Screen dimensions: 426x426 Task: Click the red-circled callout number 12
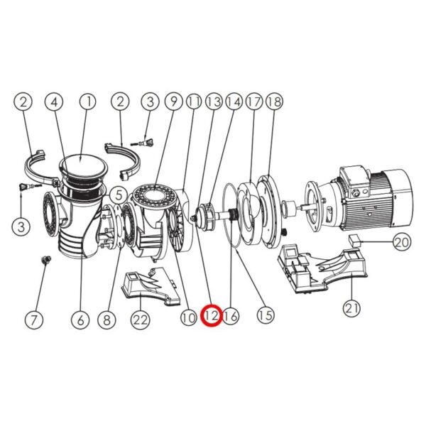[212, 316]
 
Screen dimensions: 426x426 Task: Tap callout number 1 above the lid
[88, 102]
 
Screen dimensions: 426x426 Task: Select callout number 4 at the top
[55, 102]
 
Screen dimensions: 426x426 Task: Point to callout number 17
[254, 102]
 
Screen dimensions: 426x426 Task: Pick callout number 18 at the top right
[274, 102]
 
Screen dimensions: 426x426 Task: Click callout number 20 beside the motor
[402, 241]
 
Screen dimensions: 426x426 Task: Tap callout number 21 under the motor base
[352, 308]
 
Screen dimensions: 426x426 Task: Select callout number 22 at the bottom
[140, 319]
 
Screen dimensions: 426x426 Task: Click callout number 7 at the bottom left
[34, 319]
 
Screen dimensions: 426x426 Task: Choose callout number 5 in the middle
[119, 195]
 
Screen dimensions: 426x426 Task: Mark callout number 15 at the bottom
[266, 315]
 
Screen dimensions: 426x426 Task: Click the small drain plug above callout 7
[44, 260]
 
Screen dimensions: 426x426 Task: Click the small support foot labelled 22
[151, 286]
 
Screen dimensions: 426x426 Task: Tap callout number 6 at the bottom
[80, 319]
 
